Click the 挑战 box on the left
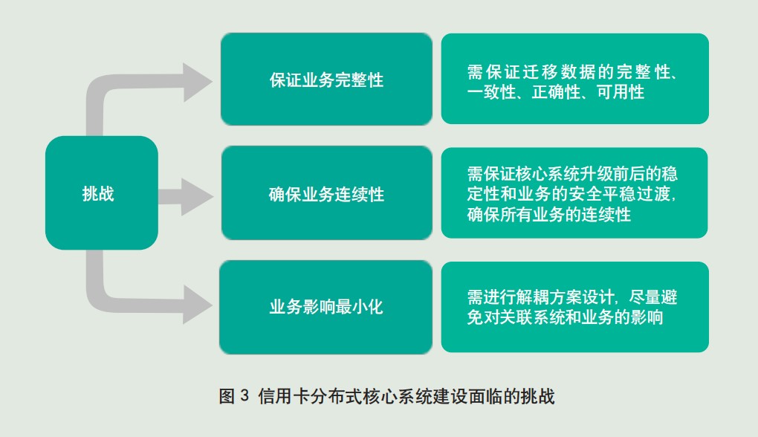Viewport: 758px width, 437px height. pos(101,193)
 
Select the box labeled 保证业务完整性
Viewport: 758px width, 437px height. pos(326,79)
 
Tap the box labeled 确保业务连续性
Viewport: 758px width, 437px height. pos(326,194)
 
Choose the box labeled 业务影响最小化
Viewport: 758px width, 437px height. pos(326,306)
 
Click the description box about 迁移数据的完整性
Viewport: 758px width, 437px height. pos(574,79)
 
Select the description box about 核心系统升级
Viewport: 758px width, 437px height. pos(574,193)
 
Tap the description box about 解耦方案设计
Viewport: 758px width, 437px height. pos(574,307)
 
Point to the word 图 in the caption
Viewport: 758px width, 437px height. pos(227,396)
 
